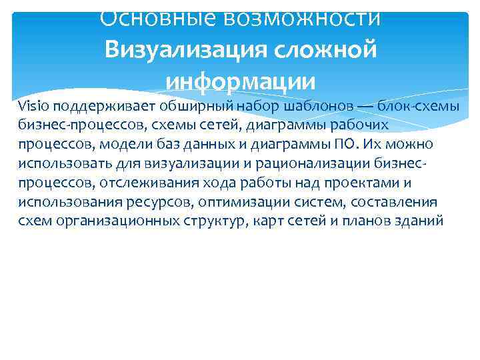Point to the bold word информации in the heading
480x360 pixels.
coord(240,81)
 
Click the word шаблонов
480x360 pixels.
coord(319,105)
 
